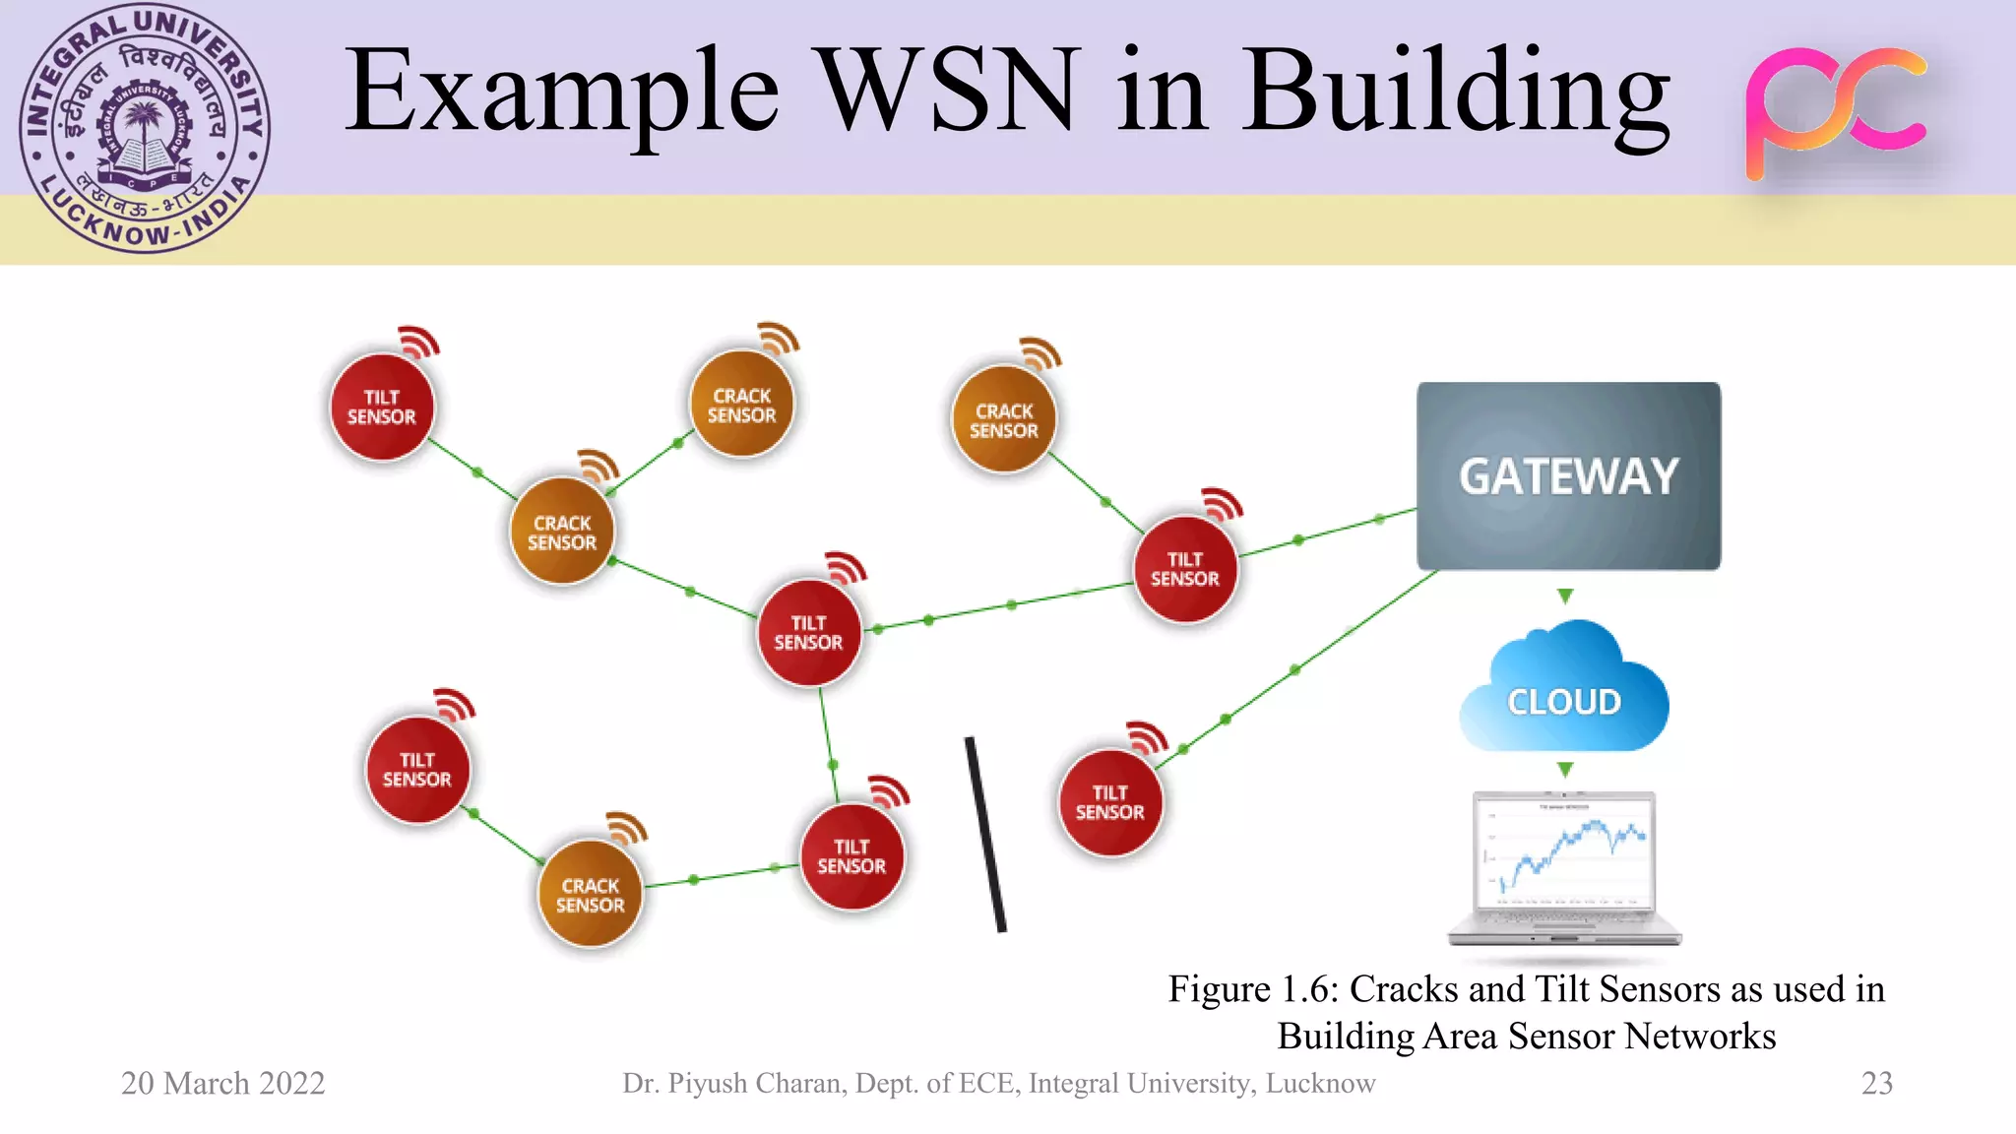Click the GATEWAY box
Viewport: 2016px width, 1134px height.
[1568, 476]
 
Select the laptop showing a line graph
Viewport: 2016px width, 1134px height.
[1565, 866]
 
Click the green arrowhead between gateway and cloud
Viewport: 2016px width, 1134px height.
[1565, 596]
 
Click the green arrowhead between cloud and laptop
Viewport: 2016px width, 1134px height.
[1565, 769]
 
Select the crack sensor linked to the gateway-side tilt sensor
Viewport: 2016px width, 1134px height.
[1003, 420]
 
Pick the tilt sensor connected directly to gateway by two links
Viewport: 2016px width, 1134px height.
[1185, 569]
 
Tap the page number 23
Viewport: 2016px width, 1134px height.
[1876, 1083]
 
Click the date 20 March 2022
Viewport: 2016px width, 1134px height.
[222, 1083]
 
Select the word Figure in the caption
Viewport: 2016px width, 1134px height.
[1219, 988]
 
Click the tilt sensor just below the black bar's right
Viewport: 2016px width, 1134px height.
[1109, 802]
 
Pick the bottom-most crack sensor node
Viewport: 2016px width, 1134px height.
[590, 895]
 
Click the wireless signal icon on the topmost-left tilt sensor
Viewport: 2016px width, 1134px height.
[418, 341]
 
